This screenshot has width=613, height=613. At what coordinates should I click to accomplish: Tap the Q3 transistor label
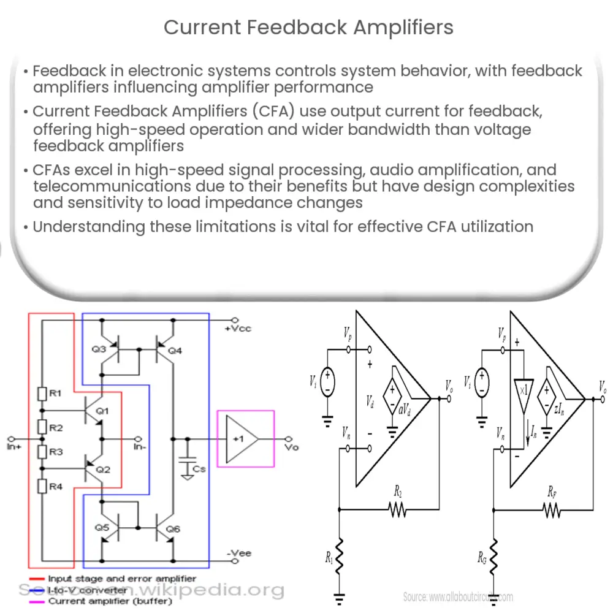click(99, 349)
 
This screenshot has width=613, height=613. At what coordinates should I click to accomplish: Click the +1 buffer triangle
click(240, 440)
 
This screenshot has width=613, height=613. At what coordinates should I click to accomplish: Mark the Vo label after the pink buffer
click(292, 447)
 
